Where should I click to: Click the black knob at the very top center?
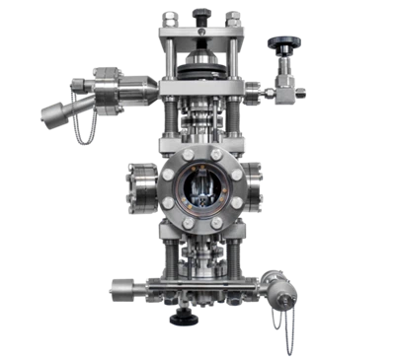tap(202, 14)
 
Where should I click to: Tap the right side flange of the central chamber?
tap(256, 186)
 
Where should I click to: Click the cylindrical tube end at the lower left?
tap(121, 289)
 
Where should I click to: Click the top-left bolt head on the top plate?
tap(169, 14)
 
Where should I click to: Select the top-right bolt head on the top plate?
tap(233, 14)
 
